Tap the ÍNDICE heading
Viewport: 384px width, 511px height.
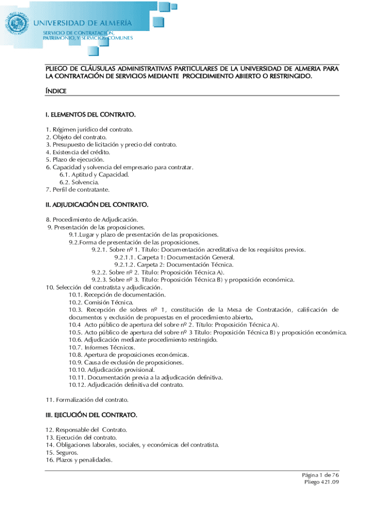[x=56, y=91]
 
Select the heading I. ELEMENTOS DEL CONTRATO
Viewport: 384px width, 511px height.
[x=91, y=115]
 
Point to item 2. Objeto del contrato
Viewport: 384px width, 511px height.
[x=76, y=137]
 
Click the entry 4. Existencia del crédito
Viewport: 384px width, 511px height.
[x=78, y=152]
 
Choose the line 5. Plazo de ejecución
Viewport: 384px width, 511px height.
[x=75, y=159]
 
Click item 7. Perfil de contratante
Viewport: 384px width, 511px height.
[x=77, y=190]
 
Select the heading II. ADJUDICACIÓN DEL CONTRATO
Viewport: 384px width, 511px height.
[x=97, y=205]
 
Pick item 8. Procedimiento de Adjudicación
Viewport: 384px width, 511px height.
[x=92, y=220]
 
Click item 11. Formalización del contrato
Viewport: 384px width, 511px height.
[x=87, y=400]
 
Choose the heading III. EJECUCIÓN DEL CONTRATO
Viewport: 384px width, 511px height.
[x=91, y=415]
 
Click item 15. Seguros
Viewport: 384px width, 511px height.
[x=62, y=452]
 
